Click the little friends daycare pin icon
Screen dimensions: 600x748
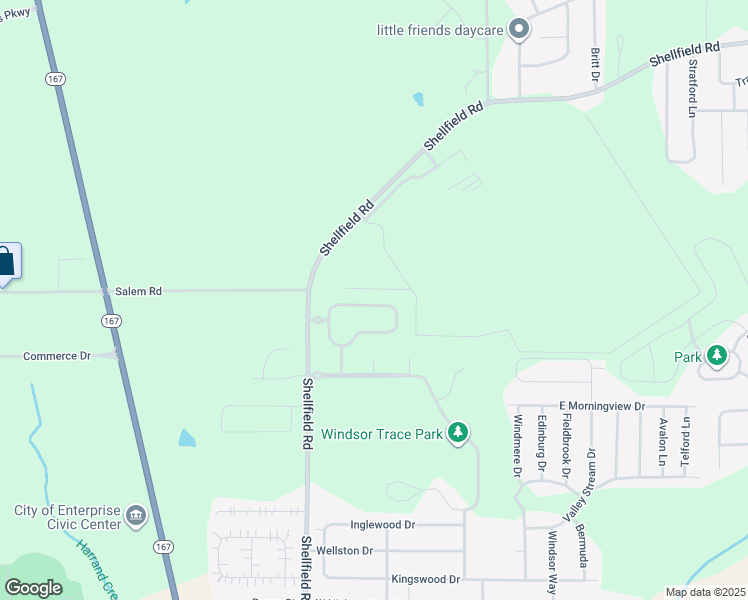(x=518, y=30)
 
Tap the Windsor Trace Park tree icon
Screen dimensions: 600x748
(x=458, y=433)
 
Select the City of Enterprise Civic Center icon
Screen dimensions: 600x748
(x=136, y=518)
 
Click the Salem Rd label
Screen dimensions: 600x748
(x=139, y=291)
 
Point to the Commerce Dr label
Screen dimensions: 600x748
(x=57, y=355)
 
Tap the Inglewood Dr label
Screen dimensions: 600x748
(x=382, y=524)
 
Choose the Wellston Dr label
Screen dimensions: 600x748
(x=344, y=550)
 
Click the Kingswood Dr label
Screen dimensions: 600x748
(x=425, y=579)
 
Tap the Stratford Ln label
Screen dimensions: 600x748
(x=691, y=88)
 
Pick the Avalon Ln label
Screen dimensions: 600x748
(x=662, y=441)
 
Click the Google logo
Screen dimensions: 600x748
(x=33, y=587)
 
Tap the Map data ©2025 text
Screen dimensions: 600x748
(x=704, y=592)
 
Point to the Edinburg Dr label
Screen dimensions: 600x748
(x=541, y=442)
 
